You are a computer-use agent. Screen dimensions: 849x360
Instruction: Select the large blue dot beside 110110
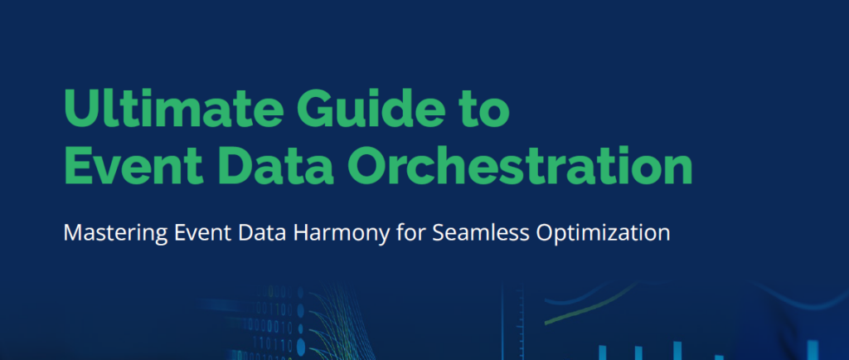pyautogui.click(x=301, y=347)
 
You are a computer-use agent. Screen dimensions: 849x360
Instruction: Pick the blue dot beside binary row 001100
pyautogui.click(x=300, y=311)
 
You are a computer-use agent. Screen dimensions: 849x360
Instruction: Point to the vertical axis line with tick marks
pyautogui.click(x=502, y=322)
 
